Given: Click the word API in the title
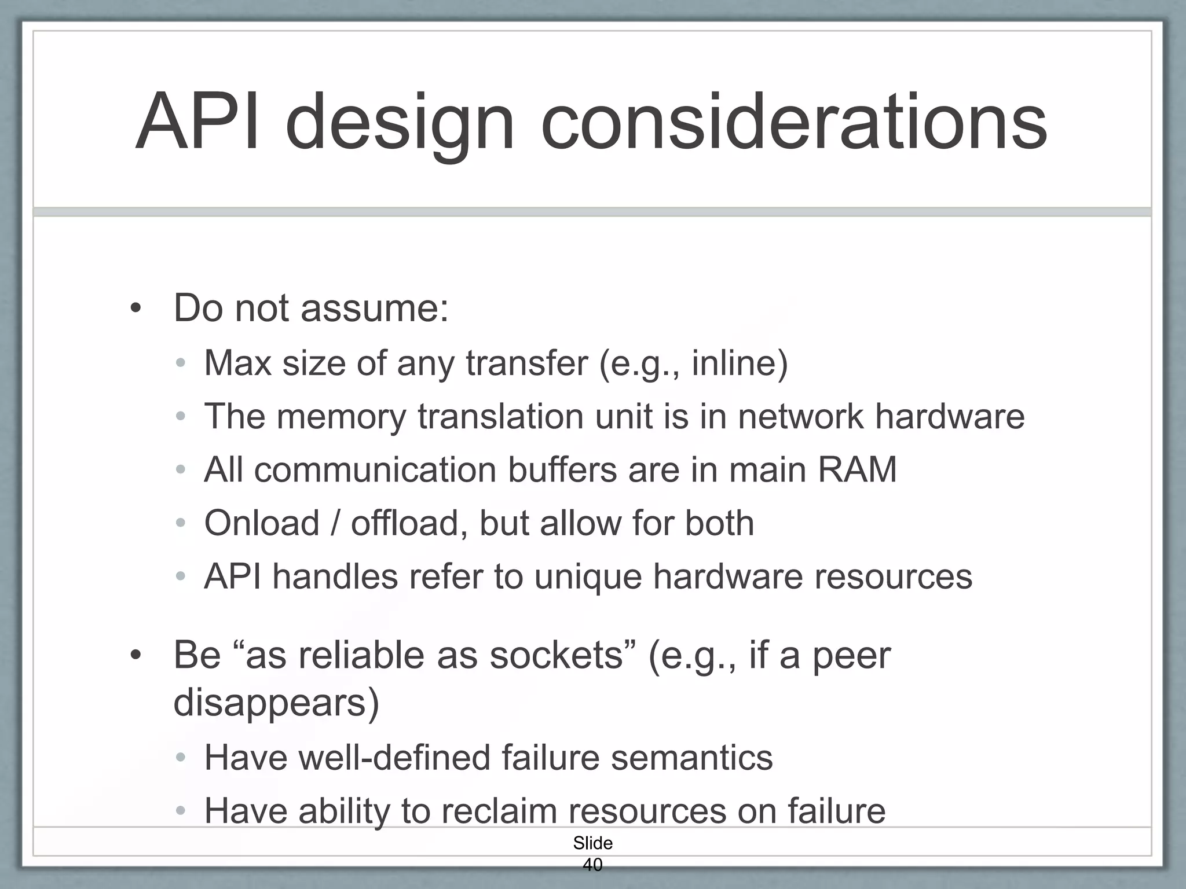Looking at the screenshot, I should coord(197,123).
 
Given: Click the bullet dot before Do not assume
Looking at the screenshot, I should coord(136,309).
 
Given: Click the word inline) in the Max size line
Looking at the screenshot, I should coord(740,363).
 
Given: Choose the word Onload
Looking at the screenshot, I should coord(262,523).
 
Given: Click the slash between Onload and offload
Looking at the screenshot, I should coord(335,523).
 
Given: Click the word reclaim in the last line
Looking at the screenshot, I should coord(499,811).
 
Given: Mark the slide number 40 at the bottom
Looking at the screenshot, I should coord(592,865).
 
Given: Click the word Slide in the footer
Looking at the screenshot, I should coord(592,843).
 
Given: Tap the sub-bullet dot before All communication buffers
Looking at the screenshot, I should coord(181,470).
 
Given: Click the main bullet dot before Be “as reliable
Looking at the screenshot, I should coord(136,656).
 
